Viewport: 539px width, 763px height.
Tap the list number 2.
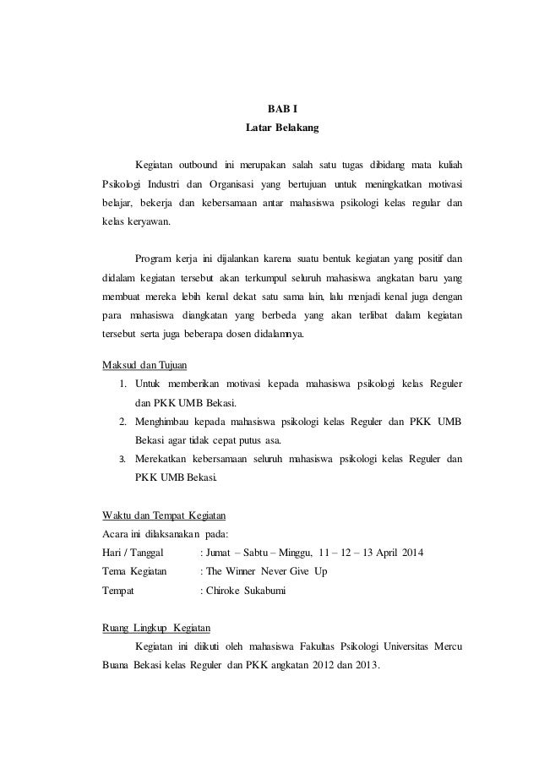[x=122, y=421]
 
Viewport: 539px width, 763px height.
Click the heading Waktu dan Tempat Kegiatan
[x=163, y=515]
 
